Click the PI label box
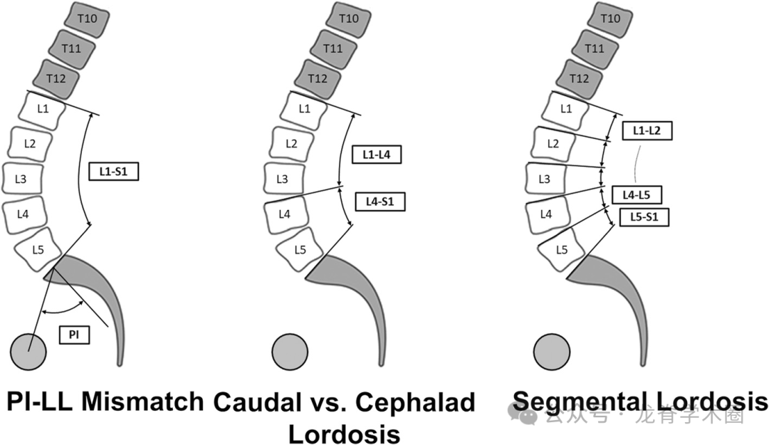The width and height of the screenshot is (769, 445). (x=74, y=334)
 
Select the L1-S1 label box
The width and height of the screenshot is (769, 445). (x=113, y=172)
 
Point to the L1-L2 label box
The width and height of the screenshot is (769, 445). (x=647, y=130)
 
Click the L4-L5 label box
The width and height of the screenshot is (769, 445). (x=637, y=194)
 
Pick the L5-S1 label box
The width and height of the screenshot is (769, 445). (x=644, y=217)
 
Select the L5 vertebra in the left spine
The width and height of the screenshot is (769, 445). (x=39, y=249)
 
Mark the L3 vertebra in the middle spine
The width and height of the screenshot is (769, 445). (x=283, y=178)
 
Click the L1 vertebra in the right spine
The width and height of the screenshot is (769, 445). (x=566, y=109)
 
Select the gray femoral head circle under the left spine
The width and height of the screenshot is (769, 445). (x=28, y=351)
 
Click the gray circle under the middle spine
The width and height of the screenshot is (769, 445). (x=290, y=351)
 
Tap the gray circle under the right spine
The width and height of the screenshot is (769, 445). (x=552, y=351)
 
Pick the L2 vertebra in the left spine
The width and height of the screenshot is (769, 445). (x=30, y=143)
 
